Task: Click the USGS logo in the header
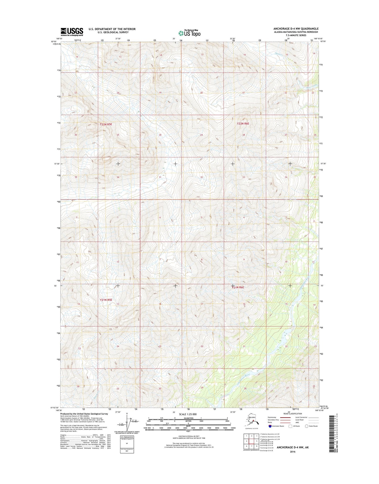[72, 32]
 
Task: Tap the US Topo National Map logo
[189, 33]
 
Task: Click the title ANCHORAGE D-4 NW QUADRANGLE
[296, 29]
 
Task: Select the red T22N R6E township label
[243, 123]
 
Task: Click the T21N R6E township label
[238, 287]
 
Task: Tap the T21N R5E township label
[106, 300]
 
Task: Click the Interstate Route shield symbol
[270, 426]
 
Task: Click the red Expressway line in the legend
[285, 417]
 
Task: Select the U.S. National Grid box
[127, 444]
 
